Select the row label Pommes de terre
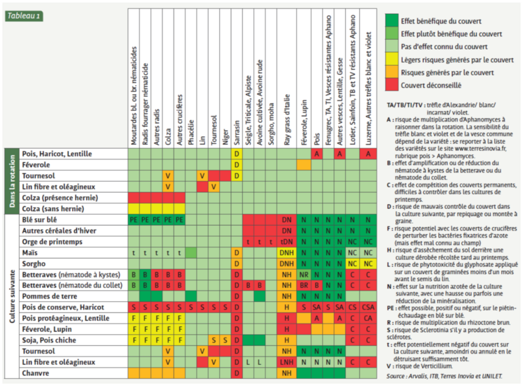click(x=49, y=296)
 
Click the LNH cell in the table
click(x=286, y=362)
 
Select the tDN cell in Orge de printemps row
click(x=286, y=241)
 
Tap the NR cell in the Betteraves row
click(x=304, y=275)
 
